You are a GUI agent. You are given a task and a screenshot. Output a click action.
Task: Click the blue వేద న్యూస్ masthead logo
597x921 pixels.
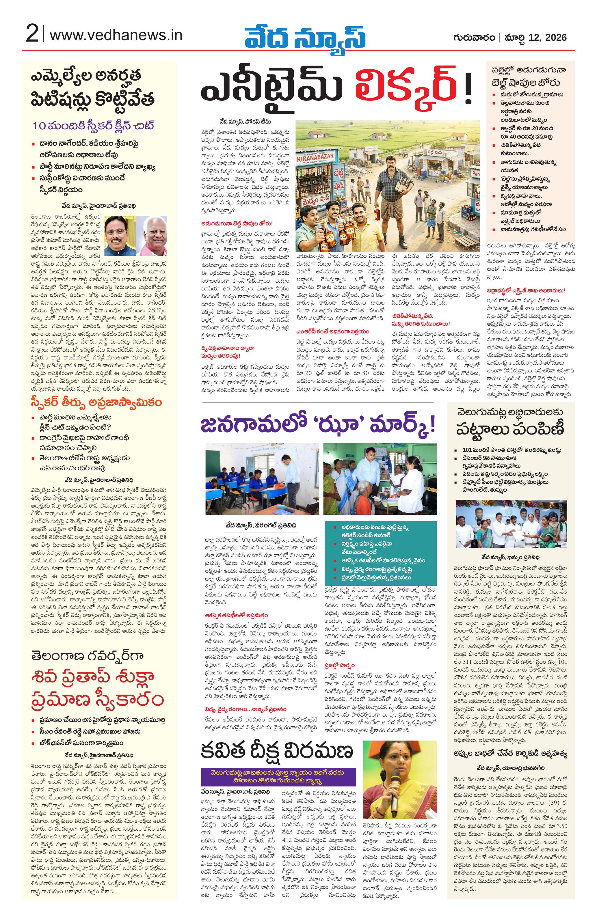click(305, 36)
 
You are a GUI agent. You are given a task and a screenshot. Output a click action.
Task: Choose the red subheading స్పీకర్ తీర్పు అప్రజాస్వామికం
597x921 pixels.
click(97, 402)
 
